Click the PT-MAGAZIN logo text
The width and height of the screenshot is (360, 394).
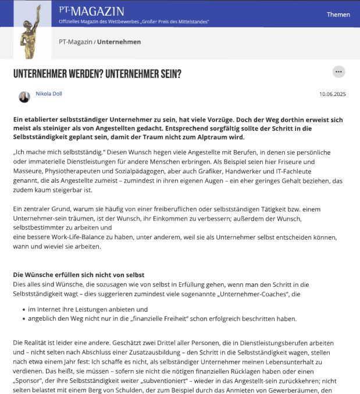coord(91,11)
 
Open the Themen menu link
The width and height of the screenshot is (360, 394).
coord(338,15)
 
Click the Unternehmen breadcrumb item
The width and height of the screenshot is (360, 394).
coord(119,42)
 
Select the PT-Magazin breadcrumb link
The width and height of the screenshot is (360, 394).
coord(76,42)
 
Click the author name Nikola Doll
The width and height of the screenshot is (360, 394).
coord(49,94)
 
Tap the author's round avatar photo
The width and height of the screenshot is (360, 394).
coord(24,97)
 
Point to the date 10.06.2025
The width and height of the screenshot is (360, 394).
coord(333,94)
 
